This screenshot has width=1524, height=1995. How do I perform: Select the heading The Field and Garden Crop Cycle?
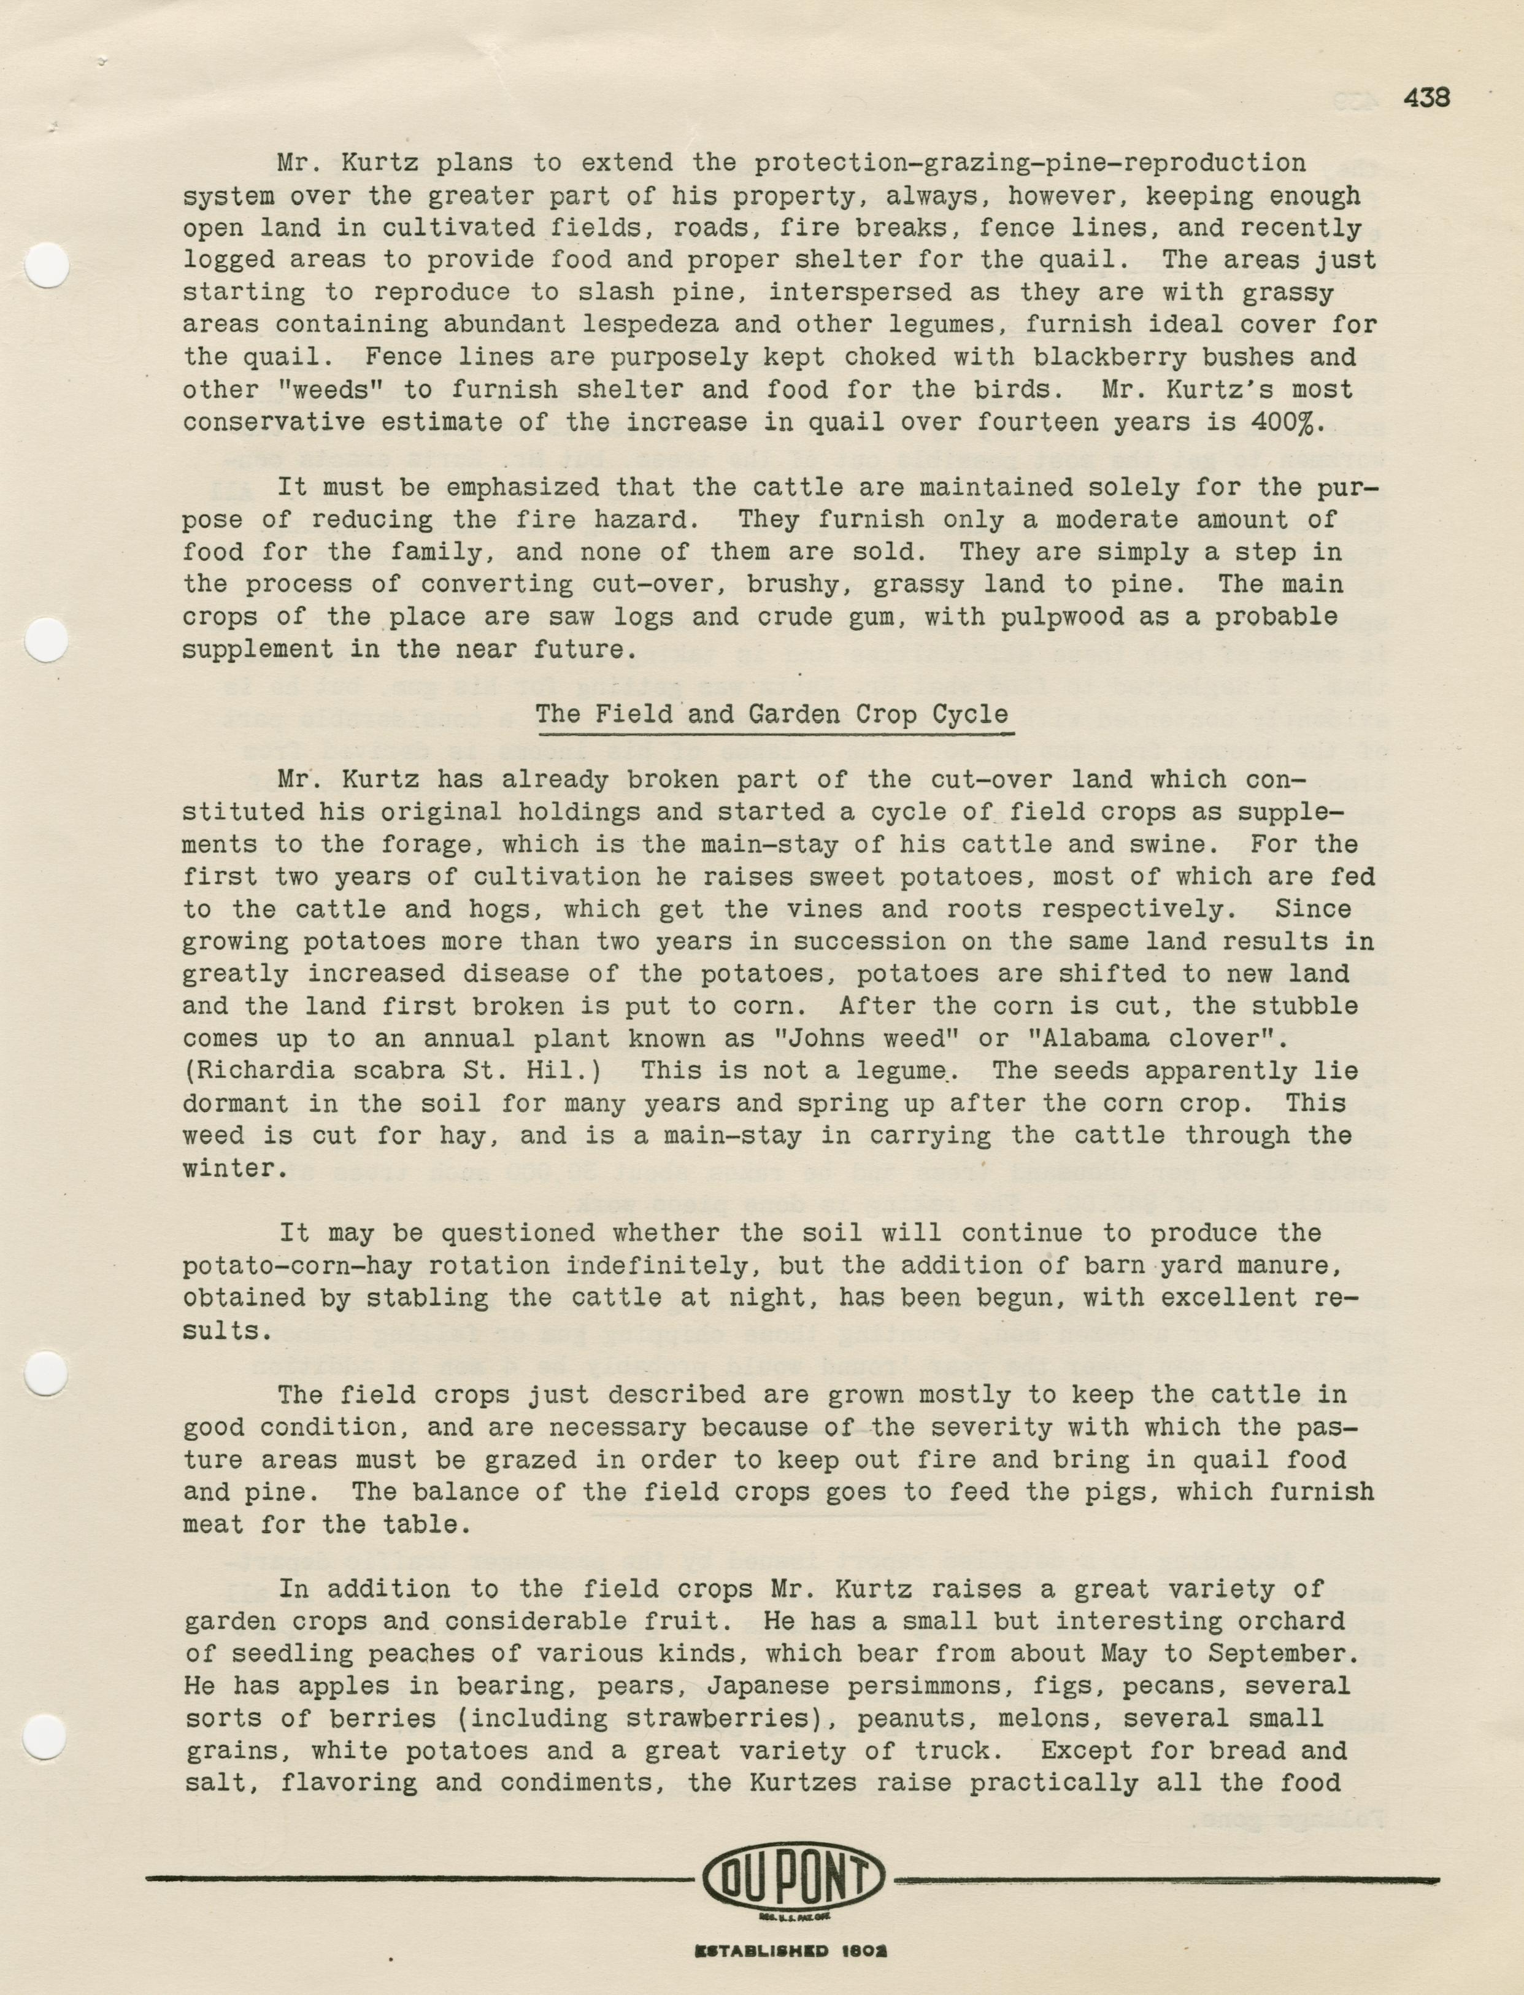[771, 714]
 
